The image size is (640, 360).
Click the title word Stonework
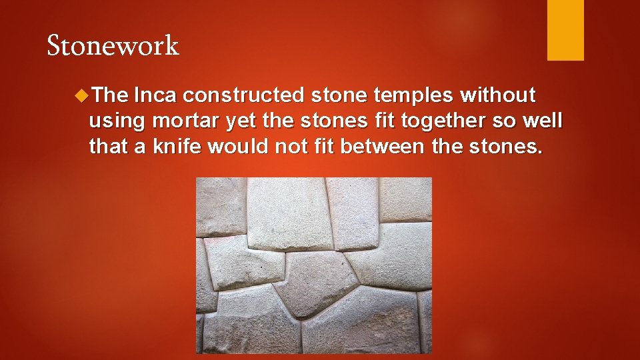click(113, 46)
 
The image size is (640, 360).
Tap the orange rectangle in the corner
click(565, 29)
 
